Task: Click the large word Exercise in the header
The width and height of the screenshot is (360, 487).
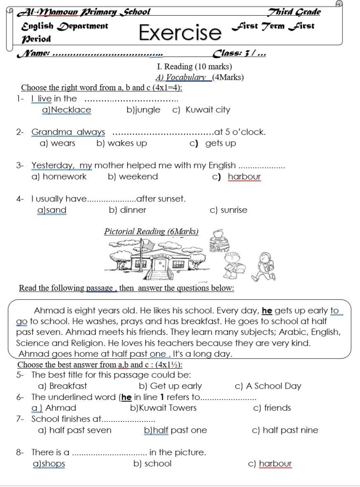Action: coord(180,32)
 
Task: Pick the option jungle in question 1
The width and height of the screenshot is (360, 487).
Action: coord(143,110)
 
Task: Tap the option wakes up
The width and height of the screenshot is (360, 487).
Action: coord(122,143)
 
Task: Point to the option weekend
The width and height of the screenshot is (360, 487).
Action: coord(133,177)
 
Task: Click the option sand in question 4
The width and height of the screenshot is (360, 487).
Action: coord(52,210)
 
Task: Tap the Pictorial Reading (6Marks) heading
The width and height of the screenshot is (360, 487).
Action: coord(151,231)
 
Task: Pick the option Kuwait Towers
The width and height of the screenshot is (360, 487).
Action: coord(163,408)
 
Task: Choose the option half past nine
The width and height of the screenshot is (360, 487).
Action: coord(285,430)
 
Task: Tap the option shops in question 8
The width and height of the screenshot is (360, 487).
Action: coord(48,464)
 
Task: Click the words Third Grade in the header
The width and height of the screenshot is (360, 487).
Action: coord(294,12)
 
